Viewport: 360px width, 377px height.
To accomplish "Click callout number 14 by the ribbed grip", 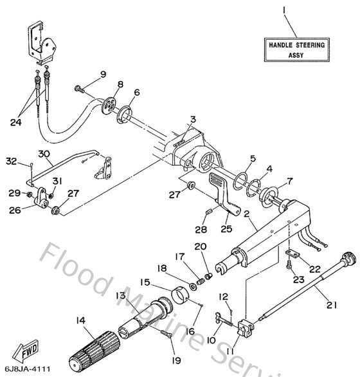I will [x=80, y=320].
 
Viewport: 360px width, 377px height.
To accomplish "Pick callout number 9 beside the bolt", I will [x=103, y=76].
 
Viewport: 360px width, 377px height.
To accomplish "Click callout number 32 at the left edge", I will [x=12, y=161].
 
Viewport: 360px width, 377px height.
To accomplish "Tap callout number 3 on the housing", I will [x=192, y=119].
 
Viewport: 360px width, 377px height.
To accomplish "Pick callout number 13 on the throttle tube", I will [x=120, y=295].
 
